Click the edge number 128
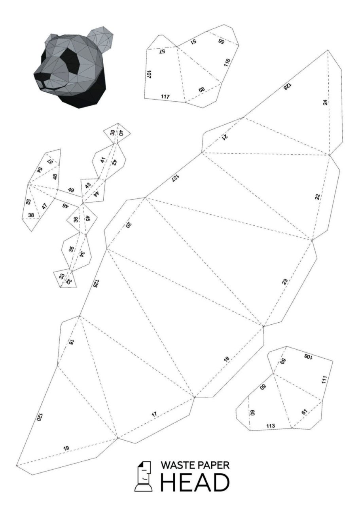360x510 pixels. click(x=287, y=86)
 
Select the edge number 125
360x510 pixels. click(x=95, y=284)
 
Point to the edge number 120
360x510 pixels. click(x=39, y=417)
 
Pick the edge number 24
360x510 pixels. click(x=326, y=102)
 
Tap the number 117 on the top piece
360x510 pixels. click(x=165, y=97)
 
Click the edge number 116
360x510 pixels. click(x=227, y=63)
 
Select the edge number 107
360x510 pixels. click(x=149, y=74)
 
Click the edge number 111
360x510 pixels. click(x=324, y=380)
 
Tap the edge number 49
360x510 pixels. click(x=71, y=190)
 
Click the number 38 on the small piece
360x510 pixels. click(x=31, y=215)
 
